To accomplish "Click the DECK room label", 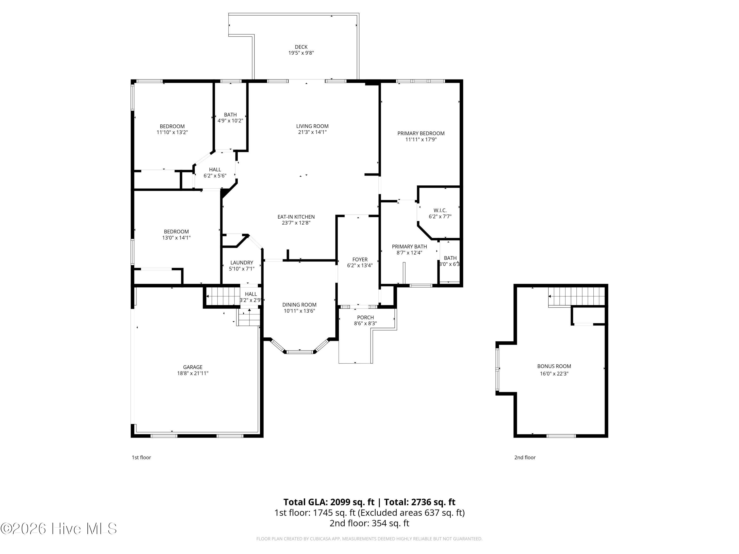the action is (301, 47).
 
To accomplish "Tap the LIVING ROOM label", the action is (312, 126).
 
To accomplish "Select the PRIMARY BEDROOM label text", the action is (421, 133).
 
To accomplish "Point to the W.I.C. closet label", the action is (440, 210).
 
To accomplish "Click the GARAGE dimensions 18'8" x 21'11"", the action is (193, 373).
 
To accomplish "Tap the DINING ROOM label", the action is (299, 305).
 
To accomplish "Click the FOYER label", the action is (360, 260).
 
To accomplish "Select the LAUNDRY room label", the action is (242, 263).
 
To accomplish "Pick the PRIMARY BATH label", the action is (409, 247).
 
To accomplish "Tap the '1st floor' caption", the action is (141, 457).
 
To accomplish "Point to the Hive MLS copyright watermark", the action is (59, 529).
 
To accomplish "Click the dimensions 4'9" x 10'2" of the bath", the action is (230, 121).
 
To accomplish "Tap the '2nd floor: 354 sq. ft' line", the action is (369, 523).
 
